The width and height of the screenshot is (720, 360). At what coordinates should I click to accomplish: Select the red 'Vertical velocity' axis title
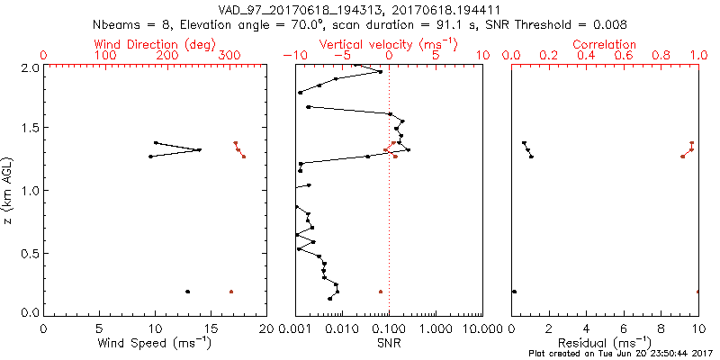[x=388, y=44]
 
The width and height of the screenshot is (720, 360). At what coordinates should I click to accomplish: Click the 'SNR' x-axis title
[x=388, y=343]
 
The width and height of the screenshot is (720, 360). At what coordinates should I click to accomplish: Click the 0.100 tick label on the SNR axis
[x=388, y=329]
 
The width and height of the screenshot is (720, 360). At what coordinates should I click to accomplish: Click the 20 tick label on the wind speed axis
[x=265, y=329]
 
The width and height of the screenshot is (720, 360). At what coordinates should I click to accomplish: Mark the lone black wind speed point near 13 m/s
[x=187, y=292]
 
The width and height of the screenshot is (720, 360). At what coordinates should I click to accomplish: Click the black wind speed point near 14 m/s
[x=200, y=149]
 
